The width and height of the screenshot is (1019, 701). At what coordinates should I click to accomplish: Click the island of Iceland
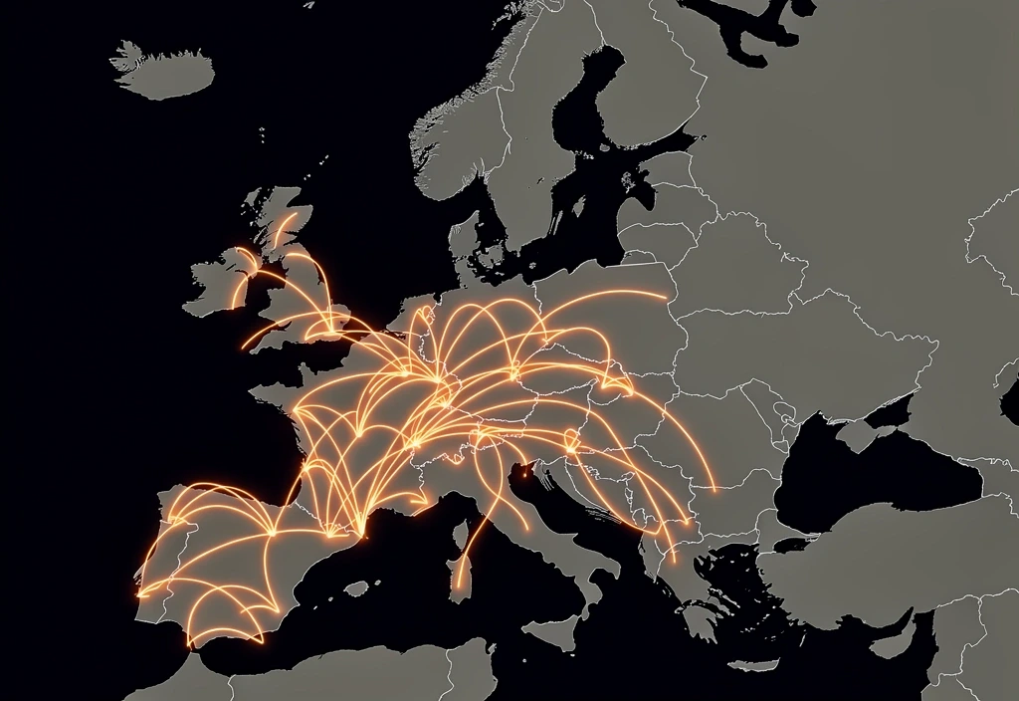click(x=164, y=72)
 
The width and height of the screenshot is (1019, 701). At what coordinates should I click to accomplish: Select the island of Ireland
click(x=213, y=284)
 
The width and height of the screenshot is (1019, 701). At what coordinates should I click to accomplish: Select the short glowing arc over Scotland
click(x=286, y=226)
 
